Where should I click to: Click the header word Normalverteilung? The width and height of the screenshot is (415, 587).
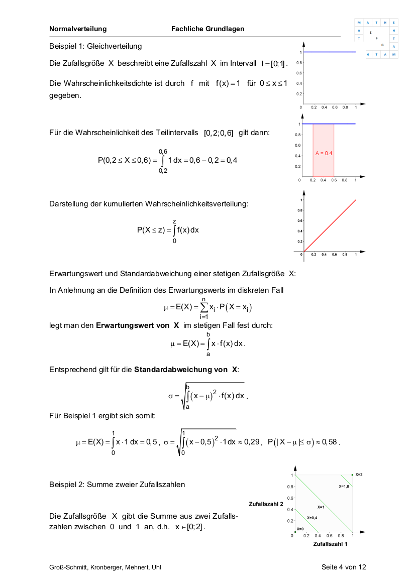click(78, 29)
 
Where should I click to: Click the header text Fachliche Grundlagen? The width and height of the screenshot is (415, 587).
click(207, 29)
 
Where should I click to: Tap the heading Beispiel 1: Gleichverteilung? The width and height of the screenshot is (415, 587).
click(95, 46)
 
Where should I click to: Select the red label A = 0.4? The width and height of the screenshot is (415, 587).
click(324, 153)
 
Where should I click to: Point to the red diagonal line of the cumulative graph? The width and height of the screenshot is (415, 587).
click(330, 225)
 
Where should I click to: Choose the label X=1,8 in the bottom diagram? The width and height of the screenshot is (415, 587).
click(344, 487)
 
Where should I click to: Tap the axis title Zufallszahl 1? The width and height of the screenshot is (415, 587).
click(330, 544)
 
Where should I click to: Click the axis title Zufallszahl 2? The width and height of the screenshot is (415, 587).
click(266, 504)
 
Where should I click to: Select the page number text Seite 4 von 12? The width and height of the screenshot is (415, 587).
click(344, 567)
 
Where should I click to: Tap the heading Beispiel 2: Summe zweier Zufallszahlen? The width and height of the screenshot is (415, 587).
click(117, 485)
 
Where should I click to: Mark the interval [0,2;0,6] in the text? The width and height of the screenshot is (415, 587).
click(219, 133)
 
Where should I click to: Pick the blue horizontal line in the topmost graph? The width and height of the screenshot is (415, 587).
click(329, 52)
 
